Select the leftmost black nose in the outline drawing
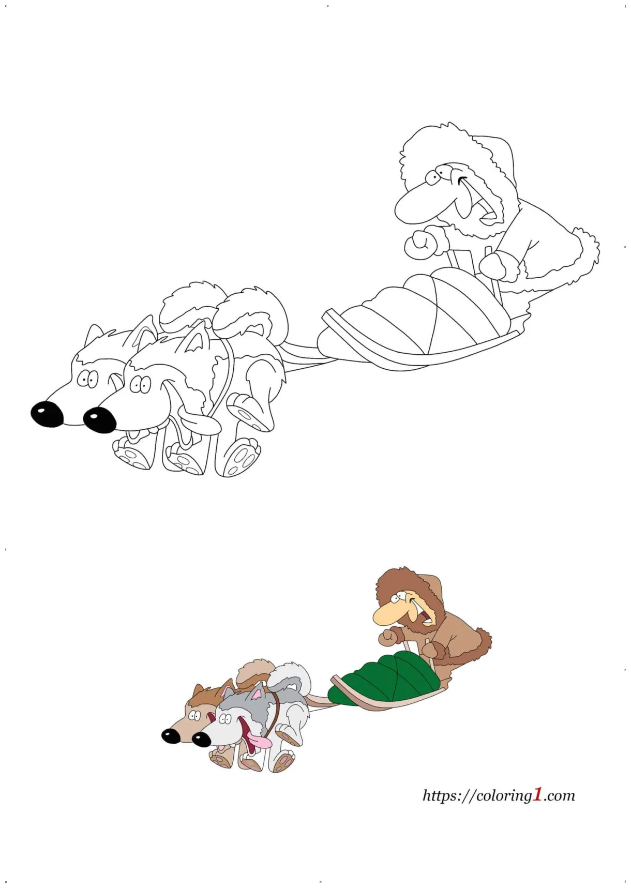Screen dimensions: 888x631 tap(47, 414)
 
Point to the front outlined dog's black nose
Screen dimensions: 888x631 tap(100, 419)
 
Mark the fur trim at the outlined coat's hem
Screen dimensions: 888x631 tap(584, 253)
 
